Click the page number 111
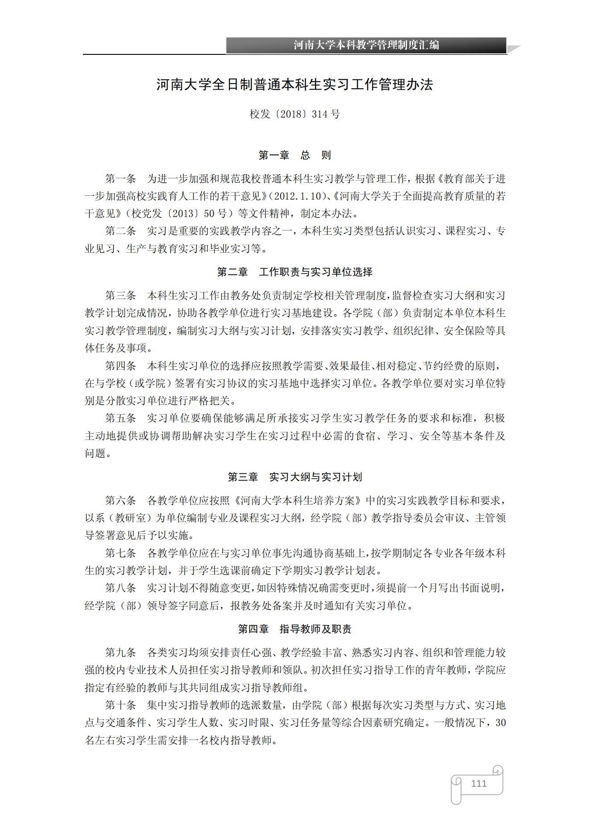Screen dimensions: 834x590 coord(479,783)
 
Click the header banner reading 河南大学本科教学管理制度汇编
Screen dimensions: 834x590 coord(366,45)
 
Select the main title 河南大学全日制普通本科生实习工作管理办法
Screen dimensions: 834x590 coord(295,85)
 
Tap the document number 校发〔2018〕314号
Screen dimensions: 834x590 coord(295,114)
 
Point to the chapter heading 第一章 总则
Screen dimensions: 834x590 coord(295,155)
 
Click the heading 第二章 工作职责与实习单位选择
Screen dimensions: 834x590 coord(295,272)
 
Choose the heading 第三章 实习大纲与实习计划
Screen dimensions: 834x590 coord(295,477)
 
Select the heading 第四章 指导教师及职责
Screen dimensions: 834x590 coord(295,629)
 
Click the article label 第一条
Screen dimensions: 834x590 coord(120,179)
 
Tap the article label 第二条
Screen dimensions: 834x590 coord(120,231)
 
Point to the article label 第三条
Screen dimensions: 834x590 coord(120,296)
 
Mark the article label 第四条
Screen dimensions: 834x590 coord(120,366)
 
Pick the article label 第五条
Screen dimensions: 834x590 coord(120,418)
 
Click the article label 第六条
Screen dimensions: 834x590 coord(120,501)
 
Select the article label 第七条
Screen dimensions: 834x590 coord(120,553)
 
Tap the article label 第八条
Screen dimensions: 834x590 coord(120,588)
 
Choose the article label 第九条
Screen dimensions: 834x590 coord(120,653)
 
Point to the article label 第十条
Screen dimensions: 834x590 coord(120,705)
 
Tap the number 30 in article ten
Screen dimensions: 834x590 coord(500,723)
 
